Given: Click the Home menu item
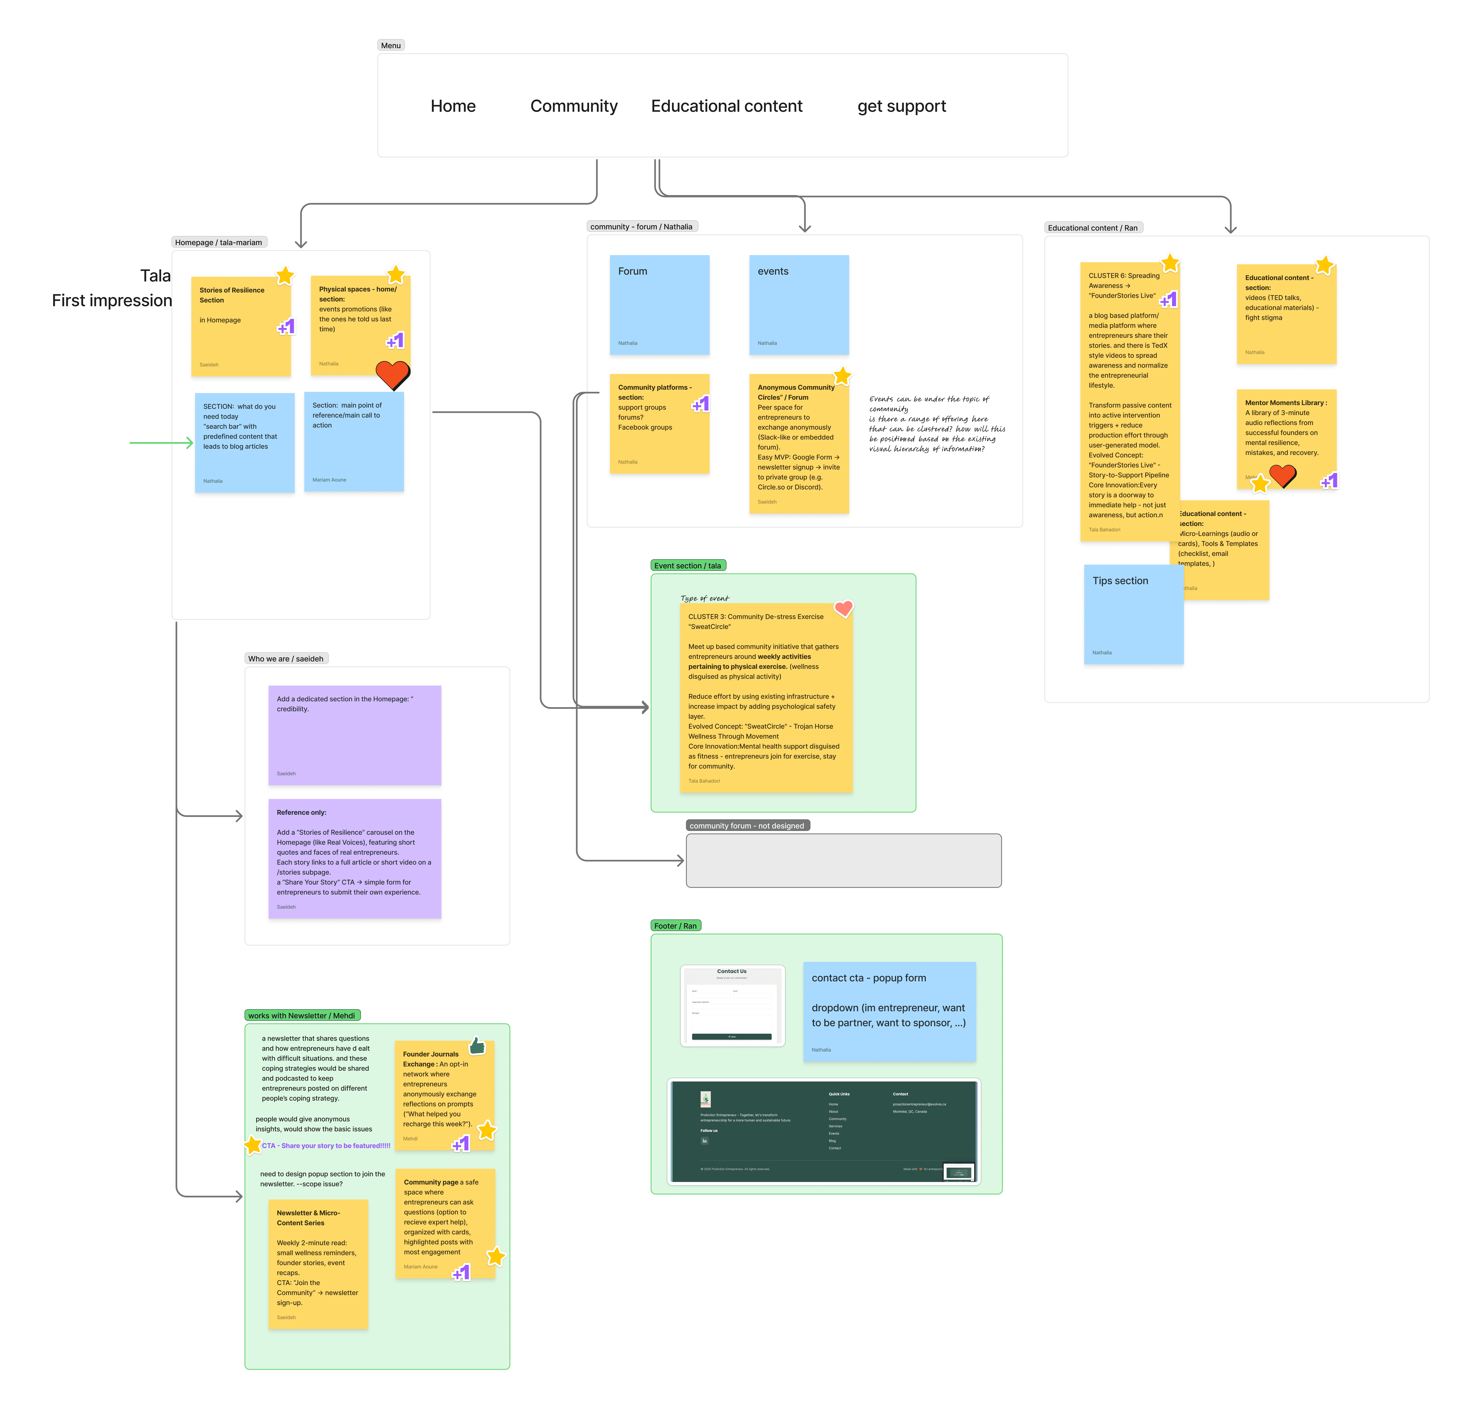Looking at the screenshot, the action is (453, 106).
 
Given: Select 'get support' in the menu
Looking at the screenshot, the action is (901, 106).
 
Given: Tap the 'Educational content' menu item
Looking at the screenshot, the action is (726, 106).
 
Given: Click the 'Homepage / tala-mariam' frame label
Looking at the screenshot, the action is (219, 242).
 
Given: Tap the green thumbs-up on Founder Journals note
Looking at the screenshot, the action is (477, 1046).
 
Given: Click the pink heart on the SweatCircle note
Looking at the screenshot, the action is (844, 608).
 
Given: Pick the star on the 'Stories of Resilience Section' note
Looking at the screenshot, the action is (284, 275).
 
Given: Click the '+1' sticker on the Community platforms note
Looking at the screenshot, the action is (701, 404).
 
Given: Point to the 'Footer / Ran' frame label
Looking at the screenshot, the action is (675, 926).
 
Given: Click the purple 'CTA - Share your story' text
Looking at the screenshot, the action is (326, 1145).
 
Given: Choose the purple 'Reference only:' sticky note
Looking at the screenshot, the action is (354, 858).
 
